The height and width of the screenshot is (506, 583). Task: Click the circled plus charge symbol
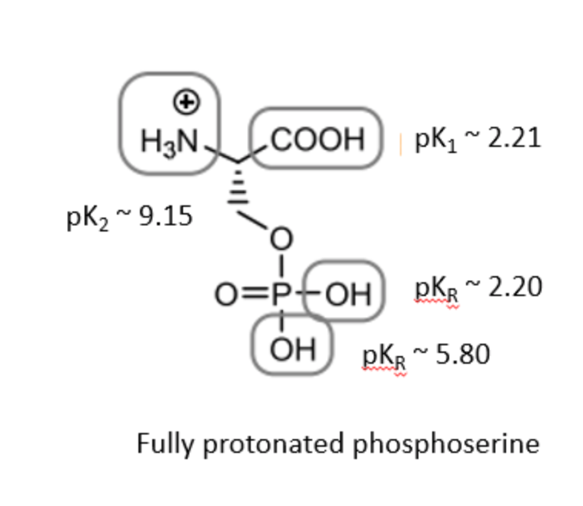(x=185, y=100)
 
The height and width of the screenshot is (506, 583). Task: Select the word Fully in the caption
(x=159, y=444)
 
